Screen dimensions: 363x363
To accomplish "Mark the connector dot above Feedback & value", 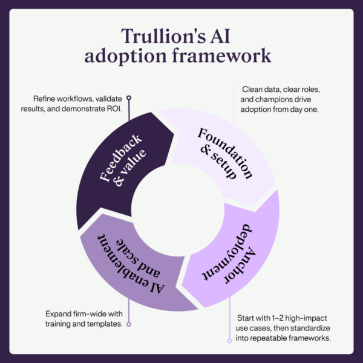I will point(129,97).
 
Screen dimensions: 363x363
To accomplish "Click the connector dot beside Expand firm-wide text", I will point(129,324).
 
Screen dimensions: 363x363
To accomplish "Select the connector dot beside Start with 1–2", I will point(229,341).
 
